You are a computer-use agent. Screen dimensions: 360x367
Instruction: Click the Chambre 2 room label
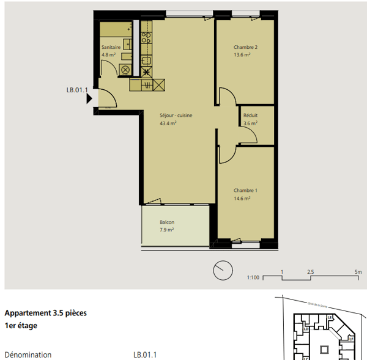[x=245, y=48]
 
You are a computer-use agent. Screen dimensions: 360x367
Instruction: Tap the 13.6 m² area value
[x=242, y=55]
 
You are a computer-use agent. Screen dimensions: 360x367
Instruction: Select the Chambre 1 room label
[x=245, y=191]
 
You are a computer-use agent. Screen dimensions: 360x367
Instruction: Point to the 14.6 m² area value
[x=242, y=198]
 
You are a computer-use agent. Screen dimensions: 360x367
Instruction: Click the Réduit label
[x=250, y=116]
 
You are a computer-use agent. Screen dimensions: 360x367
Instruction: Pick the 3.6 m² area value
[x=250, y=123]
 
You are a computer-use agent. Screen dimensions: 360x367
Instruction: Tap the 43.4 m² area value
[x=168, y=123]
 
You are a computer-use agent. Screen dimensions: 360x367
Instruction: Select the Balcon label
[x=167, y=222]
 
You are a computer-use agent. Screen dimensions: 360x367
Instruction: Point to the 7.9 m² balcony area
[x=167, y=230]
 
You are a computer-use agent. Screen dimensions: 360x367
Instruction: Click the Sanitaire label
[x=111, y=47]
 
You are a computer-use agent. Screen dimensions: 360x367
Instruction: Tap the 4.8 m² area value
[x=108, y=54]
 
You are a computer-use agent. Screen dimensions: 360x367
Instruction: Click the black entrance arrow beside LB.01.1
[x=89, y=98]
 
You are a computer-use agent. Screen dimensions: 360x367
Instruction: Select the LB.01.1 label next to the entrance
[x=78, y=90]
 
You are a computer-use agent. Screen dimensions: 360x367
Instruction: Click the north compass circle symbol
[x=223, y=270]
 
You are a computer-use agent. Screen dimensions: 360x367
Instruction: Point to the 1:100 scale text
[x=254, y=277]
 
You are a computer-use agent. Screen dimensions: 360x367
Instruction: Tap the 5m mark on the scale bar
[x=358, y=271]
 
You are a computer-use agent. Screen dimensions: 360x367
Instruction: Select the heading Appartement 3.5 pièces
[x=45, y=313]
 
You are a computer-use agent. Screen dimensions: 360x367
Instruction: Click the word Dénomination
[x=28, y=354]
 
